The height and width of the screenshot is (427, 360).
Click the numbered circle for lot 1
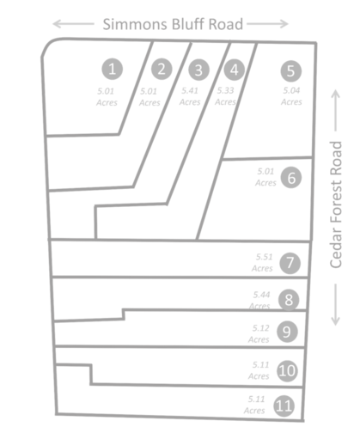click(113, 69)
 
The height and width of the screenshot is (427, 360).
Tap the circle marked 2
click(162, 69)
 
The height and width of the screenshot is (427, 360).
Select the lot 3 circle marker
click(198, 70)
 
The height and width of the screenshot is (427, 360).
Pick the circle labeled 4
click(235, 70)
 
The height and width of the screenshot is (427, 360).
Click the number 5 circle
click(291, 71)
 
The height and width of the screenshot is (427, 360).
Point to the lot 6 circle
click(291, 178)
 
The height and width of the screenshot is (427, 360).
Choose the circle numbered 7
click(290, 263)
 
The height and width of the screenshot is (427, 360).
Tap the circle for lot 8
click(289, 300)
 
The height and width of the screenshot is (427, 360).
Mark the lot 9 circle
click(287, 332)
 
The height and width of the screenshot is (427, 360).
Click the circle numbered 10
click(287, 371)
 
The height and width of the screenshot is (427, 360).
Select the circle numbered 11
click(284, 406)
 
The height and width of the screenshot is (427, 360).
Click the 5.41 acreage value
click(190, 91)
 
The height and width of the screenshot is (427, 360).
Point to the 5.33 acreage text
click(225, 90)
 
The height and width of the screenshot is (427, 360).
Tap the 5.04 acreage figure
click(291, 90)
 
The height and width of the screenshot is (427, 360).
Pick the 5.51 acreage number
click(264, 257)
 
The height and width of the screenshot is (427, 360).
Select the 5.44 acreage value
click(261, 295)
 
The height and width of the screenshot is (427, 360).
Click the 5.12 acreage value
click(261, 328)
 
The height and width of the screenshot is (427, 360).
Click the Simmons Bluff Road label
click(173, 24)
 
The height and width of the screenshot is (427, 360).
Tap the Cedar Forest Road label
click(336, 204)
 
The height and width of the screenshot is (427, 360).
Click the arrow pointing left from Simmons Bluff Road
click(73, 24)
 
